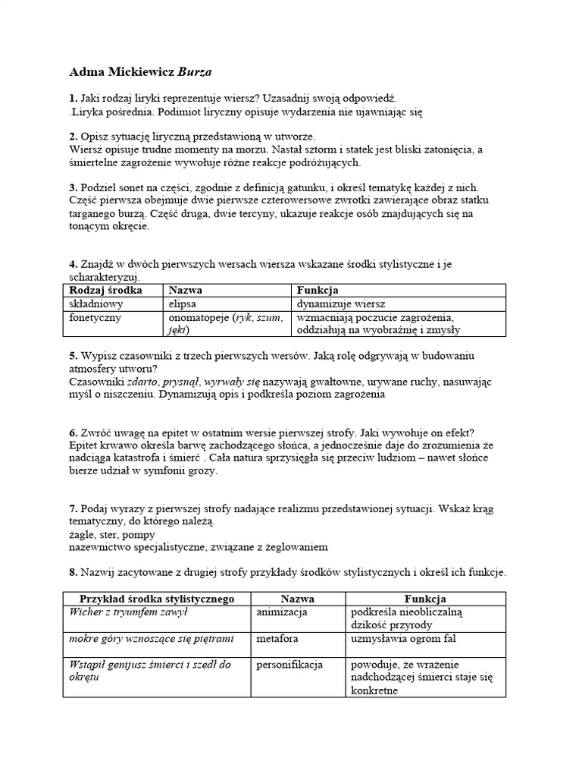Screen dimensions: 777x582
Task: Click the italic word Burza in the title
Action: (x=196, y=73)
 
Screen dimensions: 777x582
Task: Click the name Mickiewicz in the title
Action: (x=139, y=73)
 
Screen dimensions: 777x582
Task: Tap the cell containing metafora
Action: (x=277, y=639)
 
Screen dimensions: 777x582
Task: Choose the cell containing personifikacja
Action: (x=289, y=665)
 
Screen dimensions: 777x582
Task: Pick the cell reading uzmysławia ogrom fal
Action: (x=401, y=639)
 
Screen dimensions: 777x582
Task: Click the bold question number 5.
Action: (x=72, y=356)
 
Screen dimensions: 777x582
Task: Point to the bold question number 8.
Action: (x=72, y=572)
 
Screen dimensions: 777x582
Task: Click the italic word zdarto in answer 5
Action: (x=142, y=382)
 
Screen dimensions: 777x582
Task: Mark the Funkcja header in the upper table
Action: (x=318, y=291)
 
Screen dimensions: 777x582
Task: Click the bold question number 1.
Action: (x=72, y=99)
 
